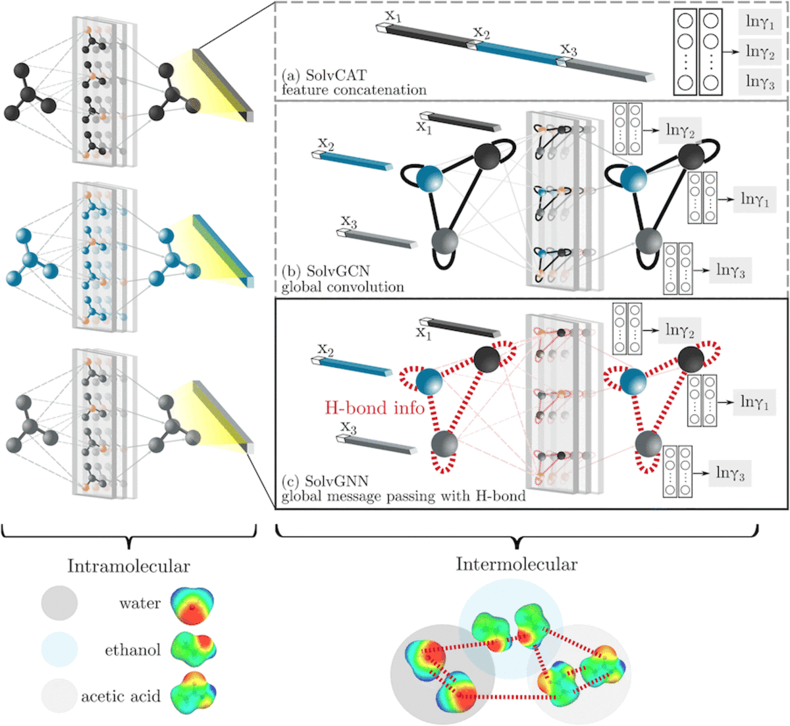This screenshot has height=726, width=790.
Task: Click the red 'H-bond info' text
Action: pyautogui.click(x=375, y=408)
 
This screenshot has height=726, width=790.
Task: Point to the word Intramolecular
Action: pyautogui.click(x=128, y=566)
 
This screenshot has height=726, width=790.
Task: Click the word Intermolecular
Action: pyautogui.click(x=517, y=564)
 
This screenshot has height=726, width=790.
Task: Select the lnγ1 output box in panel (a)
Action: pyautogui.click(x=760, y=22)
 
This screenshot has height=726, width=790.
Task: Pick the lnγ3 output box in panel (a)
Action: pyautogui.click(x=760, y=81)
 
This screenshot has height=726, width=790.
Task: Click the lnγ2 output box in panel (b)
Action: pyautogui.click(x=680, y=130)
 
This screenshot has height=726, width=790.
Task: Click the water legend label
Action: pyautogui.click(x=140, y=604)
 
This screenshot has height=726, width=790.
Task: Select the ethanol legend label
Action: pyautogui.click(x=132, y=650)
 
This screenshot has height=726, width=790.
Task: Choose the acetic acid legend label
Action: pyautogui.click(x=120, y=696)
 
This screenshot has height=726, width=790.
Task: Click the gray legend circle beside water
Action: pyautogui.click(x=59, y=603)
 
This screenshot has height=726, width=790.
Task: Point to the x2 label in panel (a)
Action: pyautogui.click(x=481, y=33)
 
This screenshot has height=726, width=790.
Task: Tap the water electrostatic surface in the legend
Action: pyautogui.click(x=192, y=606)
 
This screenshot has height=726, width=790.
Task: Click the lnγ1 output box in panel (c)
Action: pyautogui.click(x=754, y=402)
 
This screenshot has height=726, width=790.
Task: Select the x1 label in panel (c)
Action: pyautogui.click(x=424, y=333)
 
